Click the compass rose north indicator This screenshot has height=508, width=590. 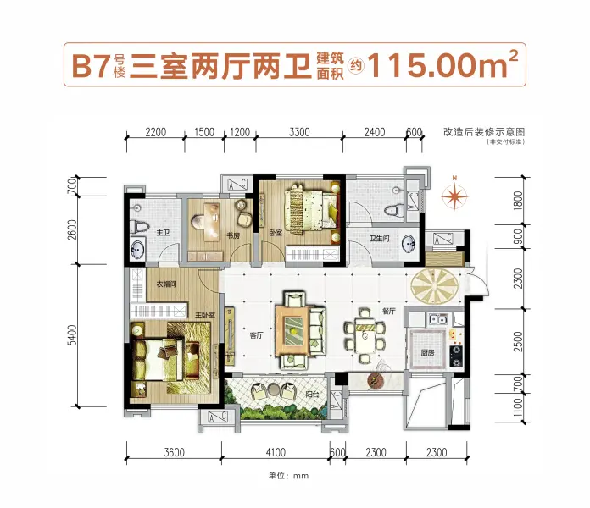(x=455, y=196)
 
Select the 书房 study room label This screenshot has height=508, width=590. (x=232, y=236)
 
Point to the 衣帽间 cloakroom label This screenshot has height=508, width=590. (x=166, y=284)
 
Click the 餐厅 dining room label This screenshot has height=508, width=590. (x=387, y=311)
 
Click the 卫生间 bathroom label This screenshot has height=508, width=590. (x=379, y=239)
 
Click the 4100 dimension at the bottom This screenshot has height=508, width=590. (x=272, y=453)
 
